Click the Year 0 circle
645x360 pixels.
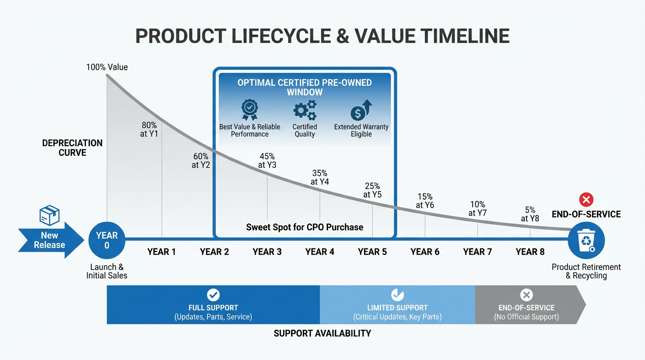coord(107,240)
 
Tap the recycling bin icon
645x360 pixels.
coord(586,240)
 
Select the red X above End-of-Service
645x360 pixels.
coord(586,200)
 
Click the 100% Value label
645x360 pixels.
coord(107,67)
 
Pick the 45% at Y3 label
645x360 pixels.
coord(267,160)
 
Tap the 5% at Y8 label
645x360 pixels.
coord(530,214)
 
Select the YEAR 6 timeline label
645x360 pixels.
coord(425,252)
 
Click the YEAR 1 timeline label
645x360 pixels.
coord(161,252)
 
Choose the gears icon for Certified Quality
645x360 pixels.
coord(305,110)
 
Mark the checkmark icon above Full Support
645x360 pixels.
coord(213,295)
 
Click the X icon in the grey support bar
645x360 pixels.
coord(526,295)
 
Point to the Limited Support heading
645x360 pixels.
coord(397,308)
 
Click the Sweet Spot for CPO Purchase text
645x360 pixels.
coord(305,227)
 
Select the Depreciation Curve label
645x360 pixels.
coord(72,148)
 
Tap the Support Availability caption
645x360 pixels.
coord(322,333)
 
